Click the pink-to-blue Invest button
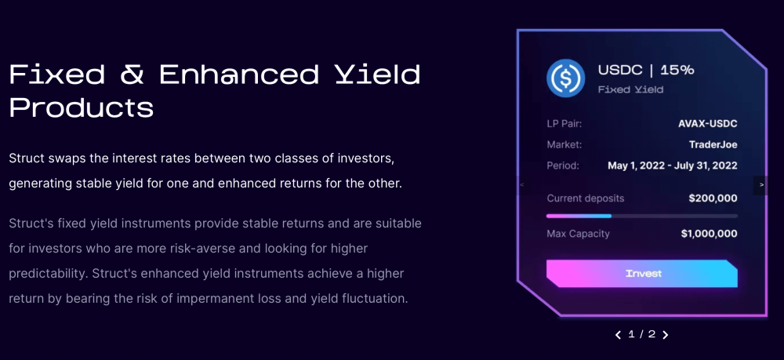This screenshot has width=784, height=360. (642, 274)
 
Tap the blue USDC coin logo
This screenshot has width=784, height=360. (565, 78)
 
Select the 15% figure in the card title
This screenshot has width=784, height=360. (677, 70)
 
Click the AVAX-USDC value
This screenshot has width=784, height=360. (707, 123)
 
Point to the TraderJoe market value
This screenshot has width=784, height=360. (713, 145)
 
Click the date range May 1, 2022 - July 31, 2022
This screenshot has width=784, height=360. (673, 165)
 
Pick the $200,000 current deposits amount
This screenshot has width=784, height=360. (713, 198)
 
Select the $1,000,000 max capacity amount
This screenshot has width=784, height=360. (709, 234)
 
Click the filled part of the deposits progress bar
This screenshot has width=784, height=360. (579, 216)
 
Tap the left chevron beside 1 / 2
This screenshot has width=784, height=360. (619, 334)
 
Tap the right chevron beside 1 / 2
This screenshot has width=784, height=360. (665, 334)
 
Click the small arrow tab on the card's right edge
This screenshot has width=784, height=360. (761, 185)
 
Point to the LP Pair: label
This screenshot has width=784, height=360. (564, 123)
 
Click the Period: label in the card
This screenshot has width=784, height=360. (563, 165)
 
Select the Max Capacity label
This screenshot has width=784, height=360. (578, 234)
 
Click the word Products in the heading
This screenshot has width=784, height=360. (82, 107)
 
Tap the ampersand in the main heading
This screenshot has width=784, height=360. (132, 74)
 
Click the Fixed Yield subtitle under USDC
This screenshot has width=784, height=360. (630, 89)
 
